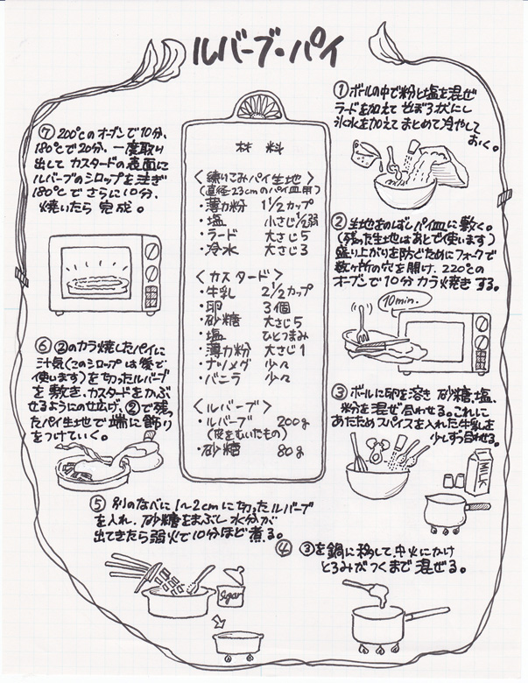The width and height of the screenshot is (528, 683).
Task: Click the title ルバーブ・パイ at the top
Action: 263,54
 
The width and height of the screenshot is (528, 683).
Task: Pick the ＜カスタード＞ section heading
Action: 234,276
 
